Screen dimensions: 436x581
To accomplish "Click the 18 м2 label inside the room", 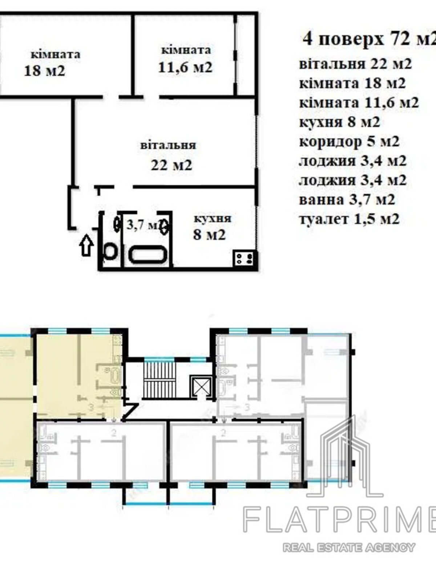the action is pyautogui.click(x=44, y=71).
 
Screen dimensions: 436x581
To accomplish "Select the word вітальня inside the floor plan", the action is pyautogui.click(x=168, y=145).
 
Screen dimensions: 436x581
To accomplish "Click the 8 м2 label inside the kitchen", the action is pyautogui.click(x=209, y=235).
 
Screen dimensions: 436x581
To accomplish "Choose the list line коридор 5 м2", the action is pyautogui.click(x=349, y=142).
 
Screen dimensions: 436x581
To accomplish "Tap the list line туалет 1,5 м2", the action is pyautogui.click(x=349, y=219).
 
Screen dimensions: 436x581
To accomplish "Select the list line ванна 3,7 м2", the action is pyautogui.click(x=347, y=200).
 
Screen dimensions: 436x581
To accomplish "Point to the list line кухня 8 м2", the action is pyautogui.click(x=340, y=122).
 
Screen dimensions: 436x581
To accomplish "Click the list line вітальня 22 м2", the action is pyautogui.click(x=356, y=64).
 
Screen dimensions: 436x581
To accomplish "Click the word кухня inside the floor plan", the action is pyautogui.click(x=213, y=219).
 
